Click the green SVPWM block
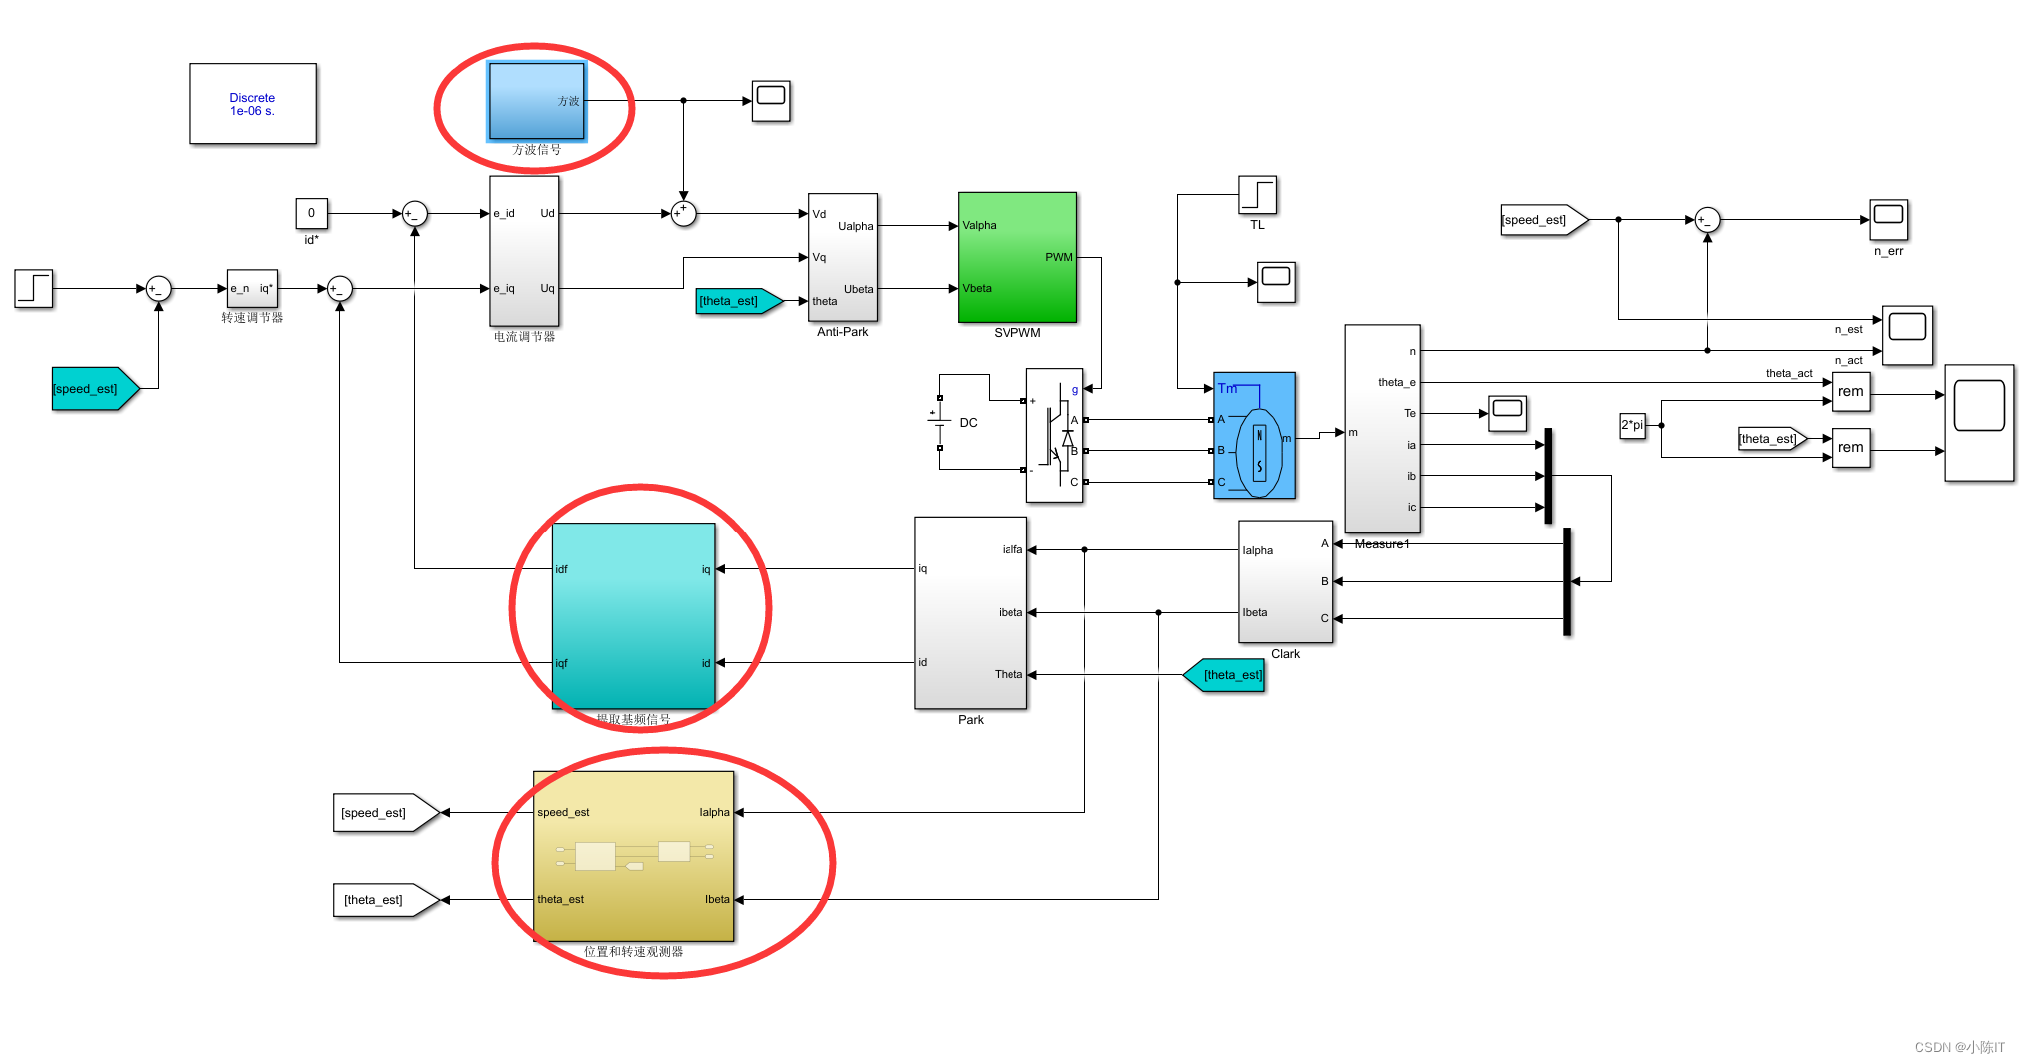click(1016, 257)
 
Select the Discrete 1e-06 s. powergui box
click(253, 104)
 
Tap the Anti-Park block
click(842, 257)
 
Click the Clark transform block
click(1285, 581)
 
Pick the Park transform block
click(970, 612)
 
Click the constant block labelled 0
click(311, 213)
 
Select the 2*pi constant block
click(1632, 425)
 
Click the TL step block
click(1257, 194)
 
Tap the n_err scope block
click(1888, 219)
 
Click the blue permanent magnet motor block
click(1254, 436)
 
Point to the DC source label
click(968, 423)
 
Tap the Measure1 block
click(1382, 429)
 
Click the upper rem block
click(1850, 392)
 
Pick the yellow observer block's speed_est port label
click(563, 813)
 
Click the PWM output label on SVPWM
click(1058, 258)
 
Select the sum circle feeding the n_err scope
click(1707, 220)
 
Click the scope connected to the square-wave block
click(771, 101)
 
